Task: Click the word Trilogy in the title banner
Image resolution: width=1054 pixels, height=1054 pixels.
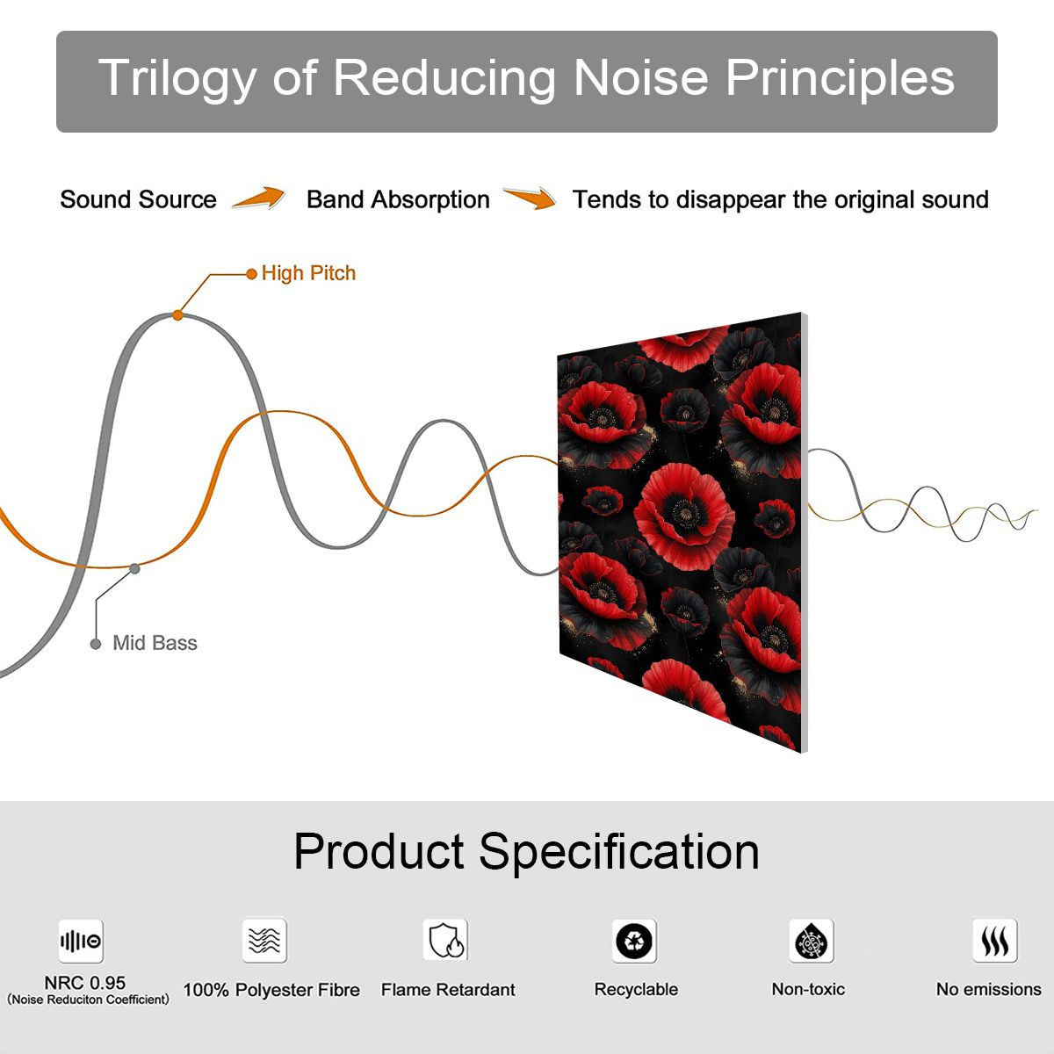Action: [177, 78]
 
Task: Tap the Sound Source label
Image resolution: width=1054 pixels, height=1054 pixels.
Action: [139, 199]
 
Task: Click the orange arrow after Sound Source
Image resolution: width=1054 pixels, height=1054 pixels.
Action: [259, 198]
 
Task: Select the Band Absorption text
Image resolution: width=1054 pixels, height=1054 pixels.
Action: [398, 199]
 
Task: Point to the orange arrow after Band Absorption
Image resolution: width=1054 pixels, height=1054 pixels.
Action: [530, 198]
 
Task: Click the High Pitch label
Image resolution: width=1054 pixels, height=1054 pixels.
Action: [308, 273]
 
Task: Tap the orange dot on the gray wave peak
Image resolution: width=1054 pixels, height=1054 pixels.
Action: [177, 315]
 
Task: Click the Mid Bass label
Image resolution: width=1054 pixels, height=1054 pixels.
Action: [155, 643]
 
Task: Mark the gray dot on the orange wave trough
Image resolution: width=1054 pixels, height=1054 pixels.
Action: [134, 569]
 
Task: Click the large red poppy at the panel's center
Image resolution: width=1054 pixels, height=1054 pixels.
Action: [683, 516]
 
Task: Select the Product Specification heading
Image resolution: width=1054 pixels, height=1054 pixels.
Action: [527, 852]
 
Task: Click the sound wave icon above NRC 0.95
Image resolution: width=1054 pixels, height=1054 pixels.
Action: [81, 941]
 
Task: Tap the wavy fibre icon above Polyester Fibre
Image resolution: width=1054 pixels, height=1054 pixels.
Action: [264, 940]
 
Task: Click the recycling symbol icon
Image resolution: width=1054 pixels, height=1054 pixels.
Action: [634, 941]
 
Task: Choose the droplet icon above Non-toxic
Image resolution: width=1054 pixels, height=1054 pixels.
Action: [812, 941]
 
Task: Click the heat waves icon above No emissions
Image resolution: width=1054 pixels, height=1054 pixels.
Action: [995, 940]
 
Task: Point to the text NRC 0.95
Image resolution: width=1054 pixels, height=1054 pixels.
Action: [85, 983]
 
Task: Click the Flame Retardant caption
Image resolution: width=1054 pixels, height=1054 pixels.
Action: [449, 990]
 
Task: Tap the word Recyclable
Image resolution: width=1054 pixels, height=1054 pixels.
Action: [636, 990]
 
